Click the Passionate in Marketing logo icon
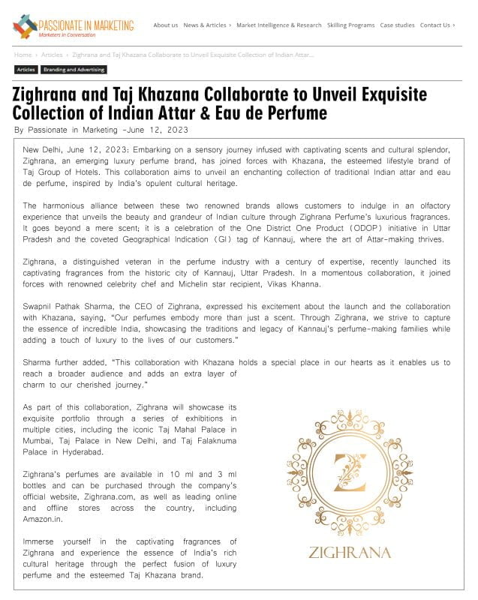coord(25,28)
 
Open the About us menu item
coord(165,25)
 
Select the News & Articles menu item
coord(206,25)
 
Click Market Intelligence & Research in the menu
coord(278,25)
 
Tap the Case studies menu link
coord(397,25)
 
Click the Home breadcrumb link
coord(23,55)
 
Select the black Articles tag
coord(26,70)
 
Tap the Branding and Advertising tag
coord(74,70)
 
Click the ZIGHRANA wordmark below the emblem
coord(350,553)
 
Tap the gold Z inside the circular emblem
coord(350,472)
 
